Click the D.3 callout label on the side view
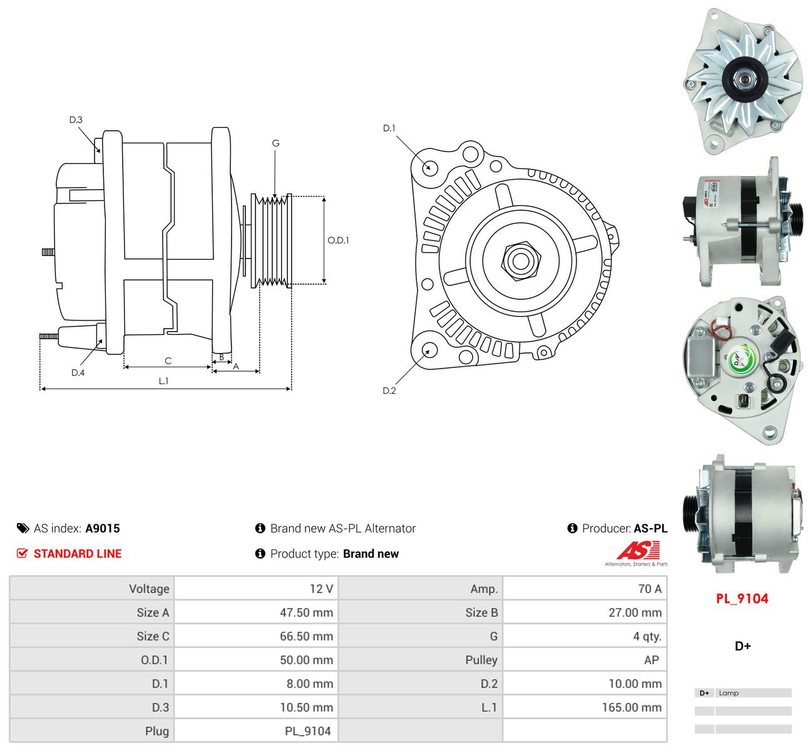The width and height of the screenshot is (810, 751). click(x=76, y=120)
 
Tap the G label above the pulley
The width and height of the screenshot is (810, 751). click(x=275, y=143)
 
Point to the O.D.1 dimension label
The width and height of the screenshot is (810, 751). click(x=338, y=240)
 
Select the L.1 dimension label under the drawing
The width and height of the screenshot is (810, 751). click(x=163, y=381)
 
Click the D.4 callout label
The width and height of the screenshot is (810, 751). click(x=78, y=372)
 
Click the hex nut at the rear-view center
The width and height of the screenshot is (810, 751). click(x=521, y=261)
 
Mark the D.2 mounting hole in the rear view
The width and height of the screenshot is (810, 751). click(x=428, y=350)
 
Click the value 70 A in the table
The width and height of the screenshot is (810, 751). click(x=650, y=589)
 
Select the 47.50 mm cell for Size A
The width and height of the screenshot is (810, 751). click(x=306, y=612)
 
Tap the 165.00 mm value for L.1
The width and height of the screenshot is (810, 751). click(x=632, y=707)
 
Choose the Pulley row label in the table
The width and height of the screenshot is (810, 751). click(x=481, y=660)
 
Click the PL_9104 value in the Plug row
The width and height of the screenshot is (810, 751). click(x=307, y=732)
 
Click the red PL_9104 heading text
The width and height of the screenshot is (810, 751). click(x=742, y=598)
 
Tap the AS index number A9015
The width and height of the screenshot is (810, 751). click(x=103, y=528)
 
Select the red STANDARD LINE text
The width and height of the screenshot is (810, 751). click(x=78, y=554)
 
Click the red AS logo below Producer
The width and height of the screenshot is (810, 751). click(x=638, y=550)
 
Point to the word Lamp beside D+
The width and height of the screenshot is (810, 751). click(x=729, y=693)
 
